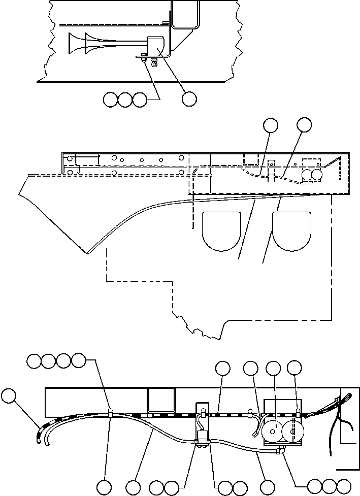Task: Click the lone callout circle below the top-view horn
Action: tap(189, 99)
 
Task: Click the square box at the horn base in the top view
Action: tap(158, 47)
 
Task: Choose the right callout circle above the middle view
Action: tap(304, 125)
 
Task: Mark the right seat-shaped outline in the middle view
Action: tap(292, 230)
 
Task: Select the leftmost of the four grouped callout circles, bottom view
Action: tap(34, 361)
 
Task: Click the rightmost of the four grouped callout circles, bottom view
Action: tap(78, 361)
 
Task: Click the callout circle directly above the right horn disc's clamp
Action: tap(294, 368)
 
